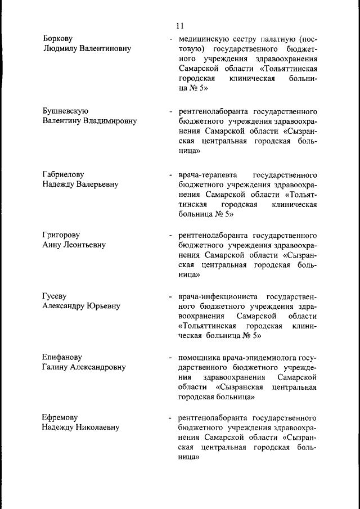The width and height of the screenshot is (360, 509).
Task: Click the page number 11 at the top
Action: [x=179, y=26]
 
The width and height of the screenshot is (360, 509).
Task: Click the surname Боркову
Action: [x=60, y=39]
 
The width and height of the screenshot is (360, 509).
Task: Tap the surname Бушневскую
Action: [x=65, y=111]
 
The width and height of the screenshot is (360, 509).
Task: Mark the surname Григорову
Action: [x=61, y=235]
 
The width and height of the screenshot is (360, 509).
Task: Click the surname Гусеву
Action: [x=56, y=296]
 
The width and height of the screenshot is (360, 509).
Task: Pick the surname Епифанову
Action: [x=62, y=357]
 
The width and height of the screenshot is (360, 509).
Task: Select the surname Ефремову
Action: [x=60, y=417]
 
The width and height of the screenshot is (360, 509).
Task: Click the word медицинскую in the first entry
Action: [x=204, y=40]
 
